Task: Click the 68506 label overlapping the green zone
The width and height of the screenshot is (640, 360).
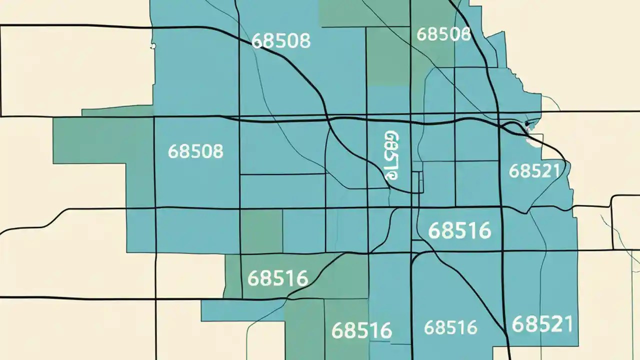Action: click(443, 34)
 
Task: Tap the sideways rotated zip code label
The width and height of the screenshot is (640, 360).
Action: click(392, 155)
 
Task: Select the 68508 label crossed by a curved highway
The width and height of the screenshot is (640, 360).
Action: click(281, 40)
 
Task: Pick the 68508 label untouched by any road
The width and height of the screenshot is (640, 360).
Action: click(195, 151)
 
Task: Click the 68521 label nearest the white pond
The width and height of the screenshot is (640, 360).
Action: click(534, 171)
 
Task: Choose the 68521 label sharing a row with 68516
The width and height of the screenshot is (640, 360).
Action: click(542, 324)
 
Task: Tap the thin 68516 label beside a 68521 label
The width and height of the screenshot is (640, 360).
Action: click(450, 327)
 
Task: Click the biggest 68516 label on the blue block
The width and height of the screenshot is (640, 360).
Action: click(460, 230)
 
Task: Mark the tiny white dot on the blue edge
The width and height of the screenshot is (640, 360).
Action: click(153, 46)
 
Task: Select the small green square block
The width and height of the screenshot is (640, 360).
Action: click(261, 231)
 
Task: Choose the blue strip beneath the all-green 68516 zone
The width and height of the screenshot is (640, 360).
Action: click(235, 310)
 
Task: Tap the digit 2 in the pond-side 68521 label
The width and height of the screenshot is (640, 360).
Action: click(546, 171)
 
